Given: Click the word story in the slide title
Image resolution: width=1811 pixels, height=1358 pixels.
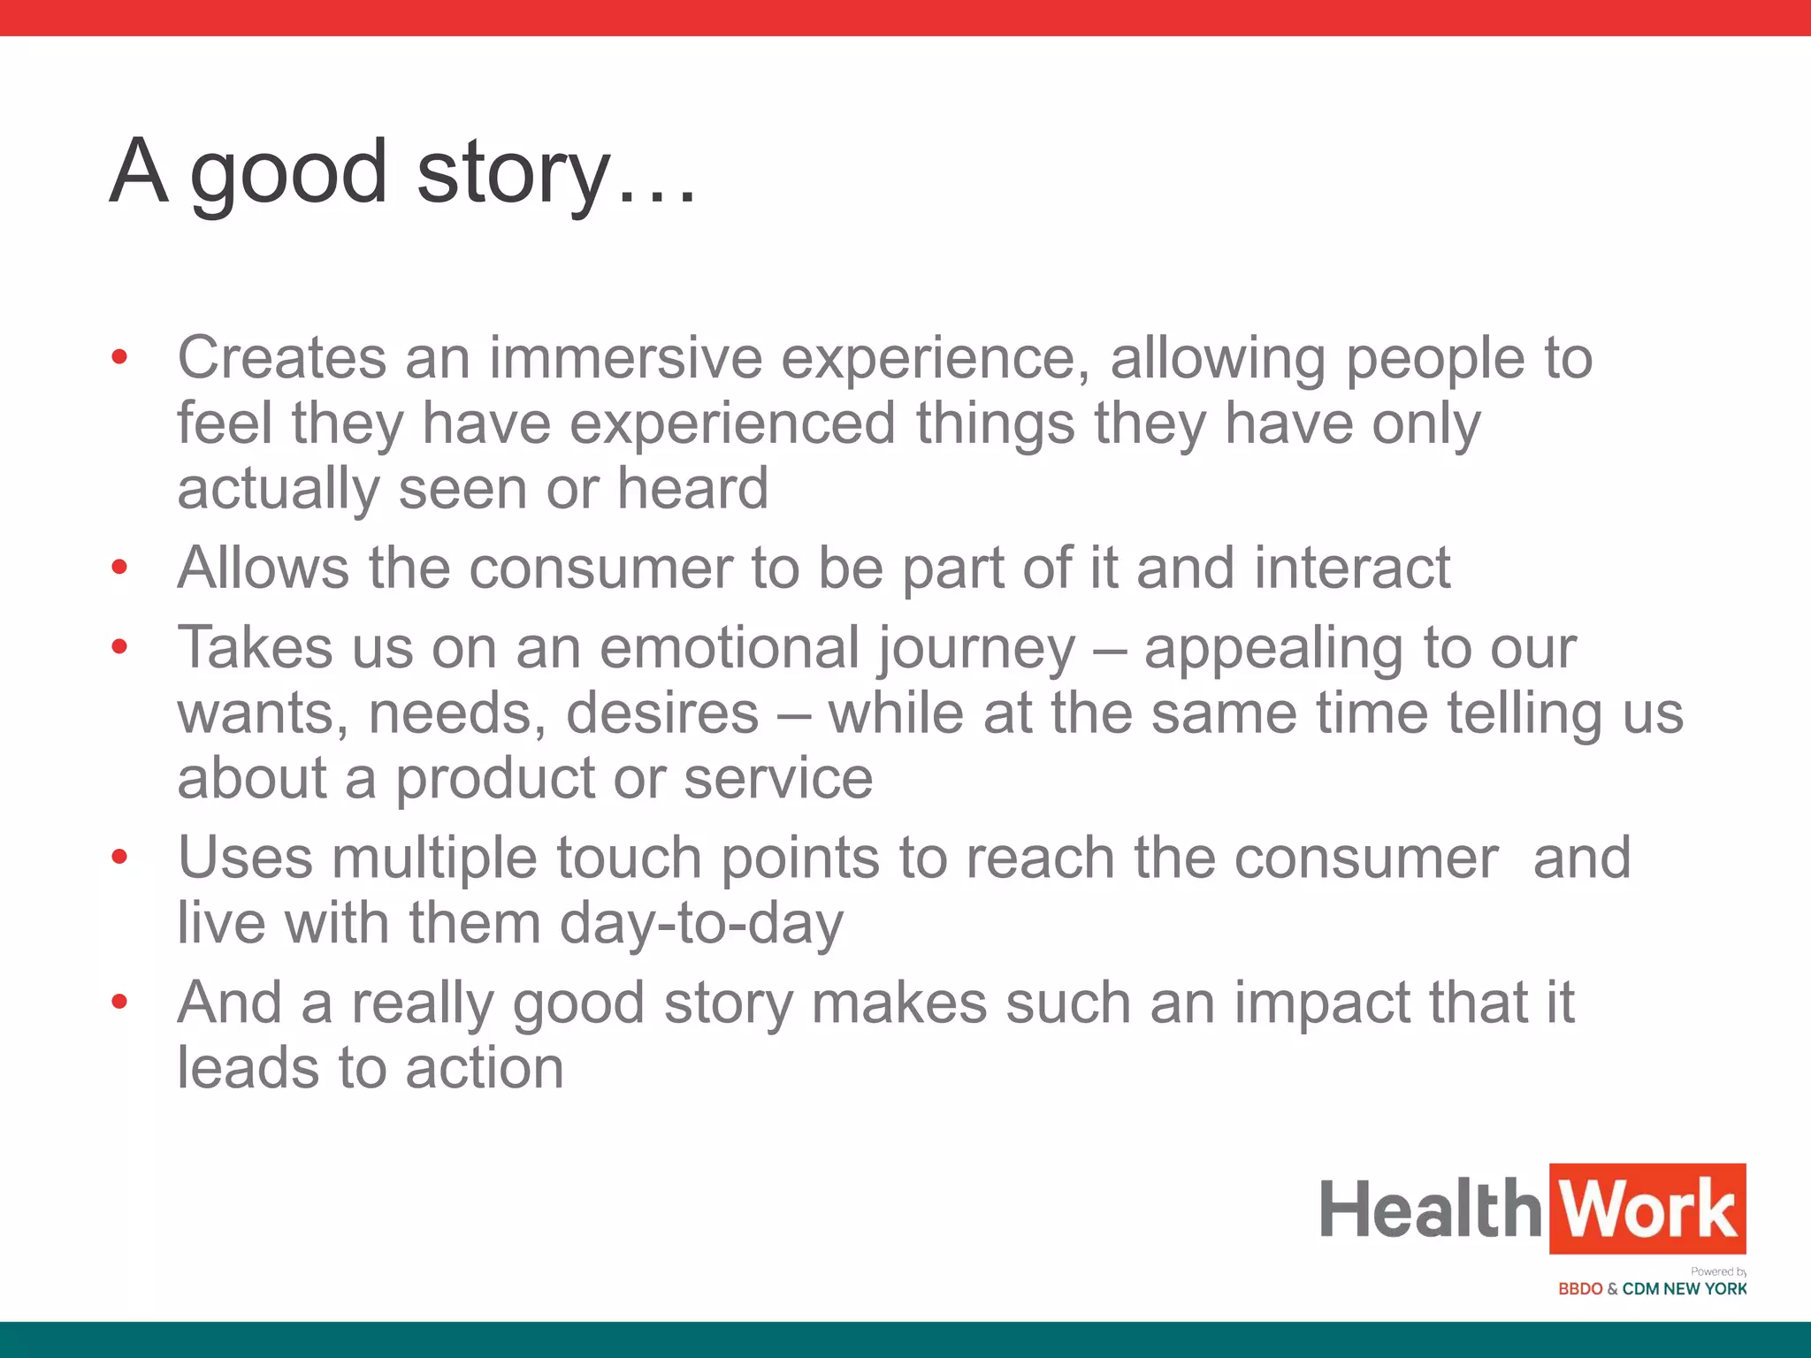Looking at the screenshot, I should click(x=513, y=172).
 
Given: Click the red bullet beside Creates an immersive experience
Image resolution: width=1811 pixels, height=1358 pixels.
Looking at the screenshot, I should click(x=120, y=358).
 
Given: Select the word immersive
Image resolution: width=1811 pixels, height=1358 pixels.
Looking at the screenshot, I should click(x=625, y=358).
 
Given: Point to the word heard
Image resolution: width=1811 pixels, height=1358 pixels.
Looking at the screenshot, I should click(x=692, y=488).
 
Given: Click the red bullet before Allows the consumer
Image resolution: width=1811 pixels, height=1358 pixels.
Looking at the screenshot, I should click(x=120, y=567).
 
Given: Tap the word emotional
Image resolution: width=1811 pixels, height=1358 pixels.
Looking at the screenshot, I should click(x=729, y=647).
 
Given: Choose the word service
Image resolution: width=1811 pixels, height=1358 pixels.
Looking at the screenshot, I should click(x=778, y=778).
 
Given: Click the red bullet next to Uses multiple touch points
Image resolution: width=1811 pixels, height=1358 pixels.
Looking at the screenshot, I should click(x=120, y=857).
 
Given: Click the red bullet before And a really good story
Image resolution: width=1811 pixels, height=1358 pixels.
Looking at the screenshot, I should click(x=120, y=1002).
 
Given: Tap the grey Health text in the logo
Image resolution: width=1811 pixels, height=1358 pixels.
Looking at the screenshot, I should click(x=1431, y=1209).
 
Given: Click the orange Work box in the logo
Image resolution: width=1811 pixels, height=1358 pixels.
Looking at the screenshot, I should click(x=1647, y=1209).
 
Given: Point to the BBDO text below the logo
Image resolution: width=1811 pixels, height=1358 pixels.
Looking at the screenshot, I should click(x=1580, y=1289).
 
